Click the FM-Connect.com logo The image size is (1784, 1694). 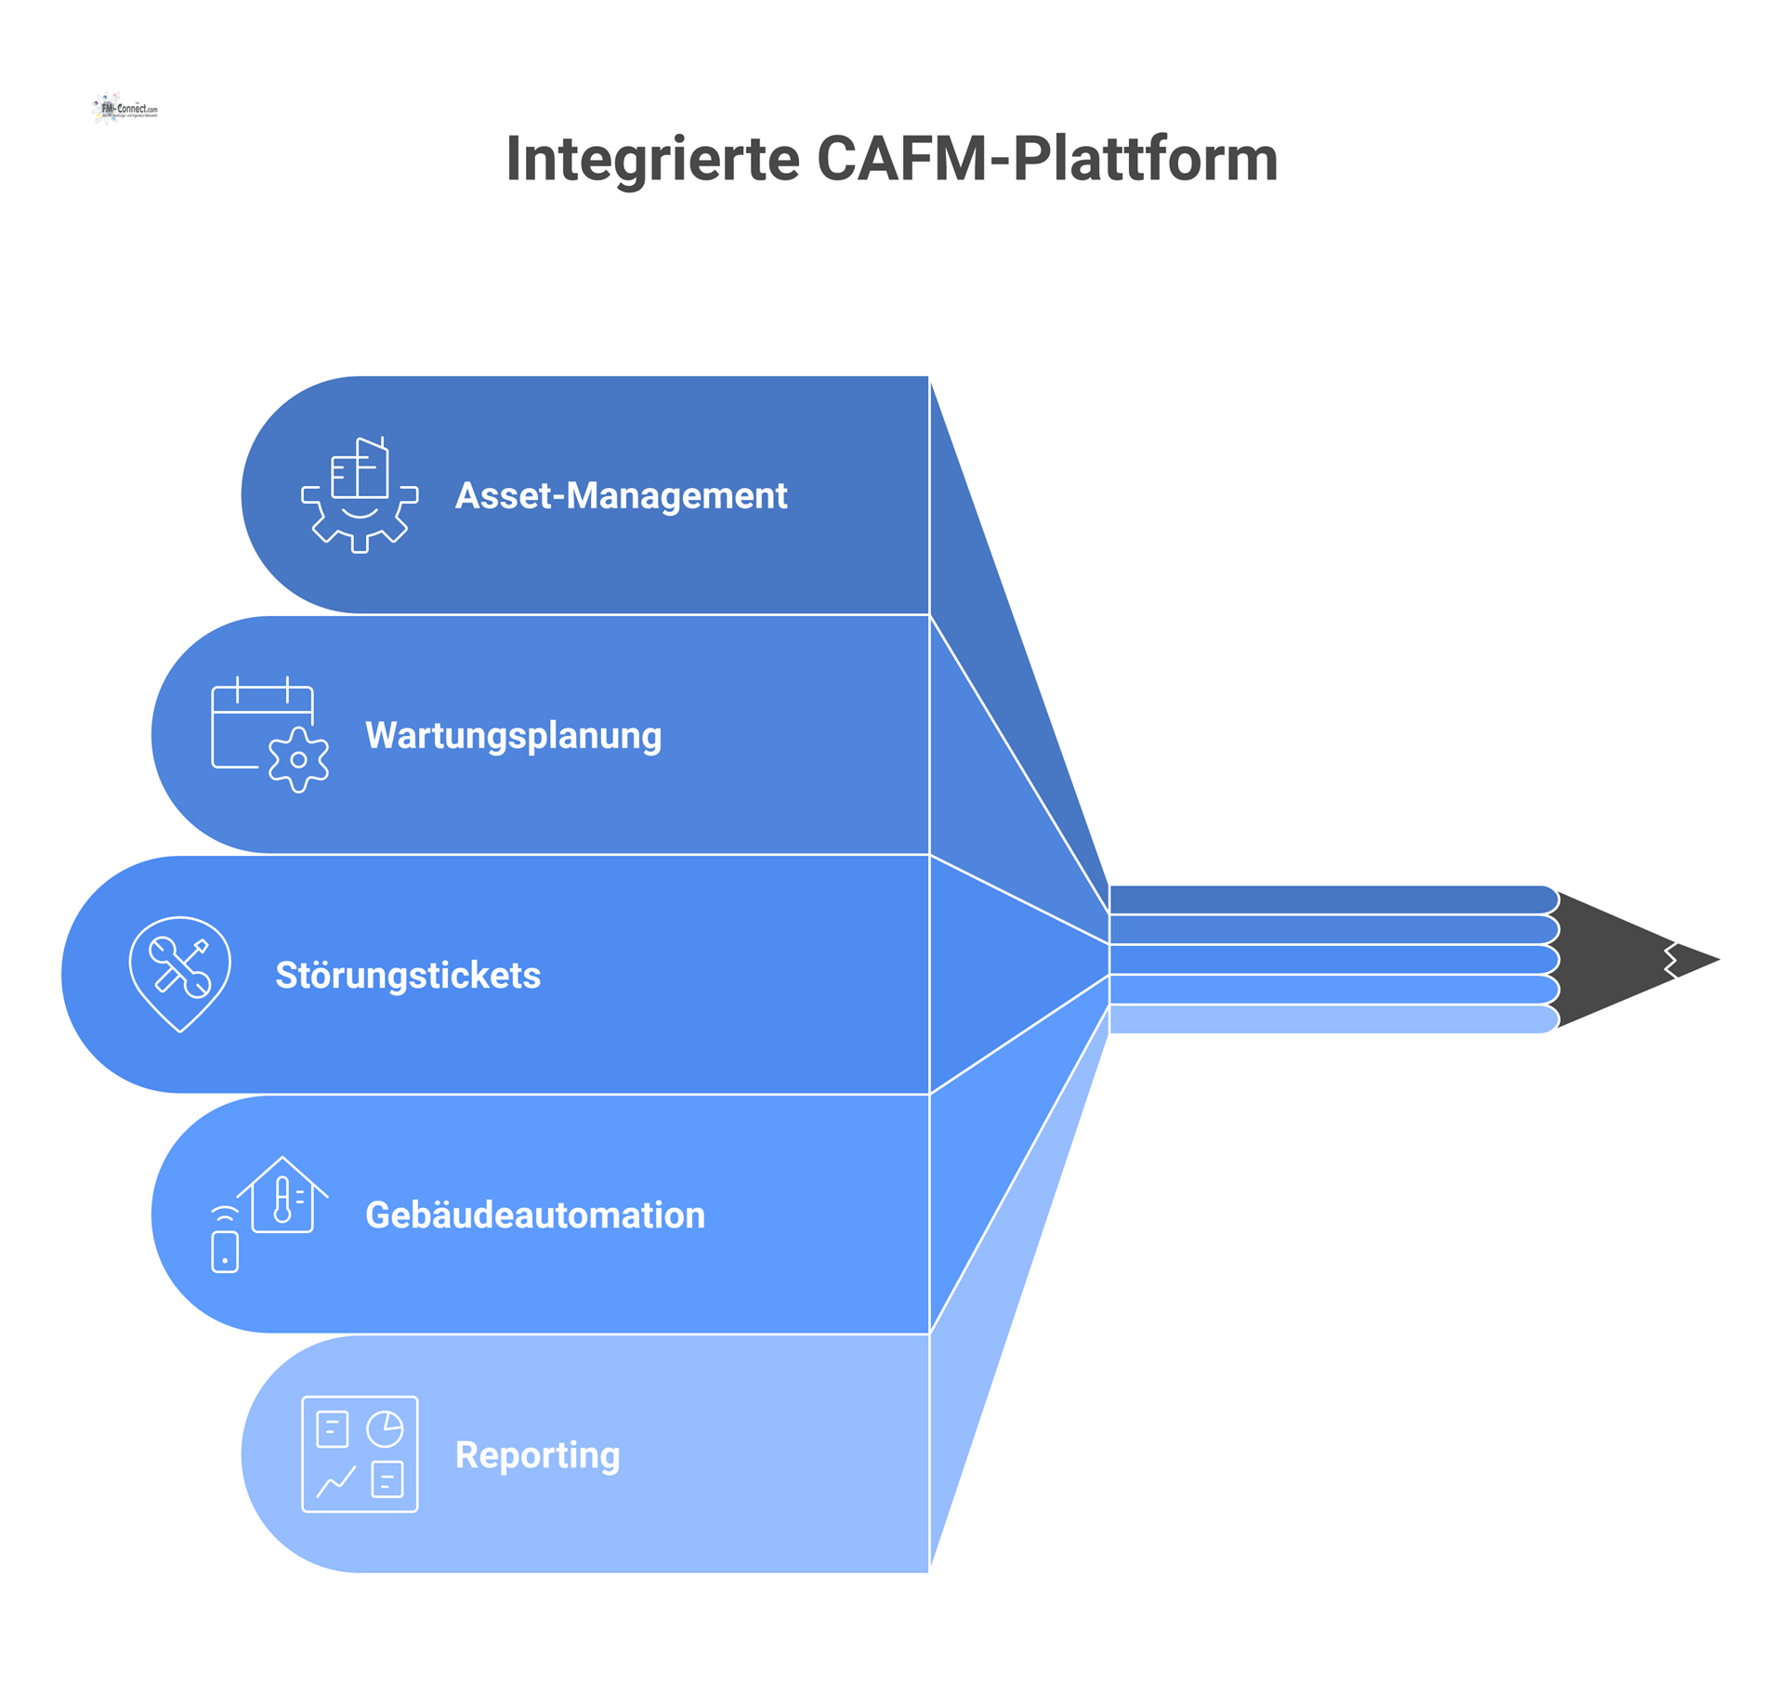click(x=125, y=109)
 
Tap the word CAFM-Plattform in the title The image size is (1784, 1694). click(x=1047, y=159)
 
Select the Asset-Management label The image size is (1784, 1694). click(x=621, y=495)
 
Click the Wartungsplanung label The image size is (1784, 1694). click(x=513, y=735)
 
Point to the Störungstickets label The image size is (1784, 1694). click(x=408, y=975)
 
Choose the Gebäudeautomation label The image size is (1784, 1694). click(x=535, y=1215)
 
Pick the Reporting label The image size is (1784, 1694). click(x=537, y=1454)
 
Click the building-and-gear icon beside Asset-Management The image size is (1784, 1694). click(x=360, y=494)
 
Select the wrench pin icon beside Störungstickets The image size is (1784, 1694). click(x=179, y=973)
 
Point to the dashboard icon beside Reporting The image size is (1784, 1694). click(x=360, y=1453)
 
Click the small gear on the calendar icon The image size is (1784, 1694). click(x=298, y=759)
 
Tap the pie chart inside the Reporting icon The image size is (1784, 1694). click(x=385, y=1429)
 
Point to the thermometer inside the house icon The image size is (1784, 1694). click(x=282, y=1200)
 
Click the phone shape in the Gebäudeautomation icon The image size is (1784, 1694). click(x=225, y=1251)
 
